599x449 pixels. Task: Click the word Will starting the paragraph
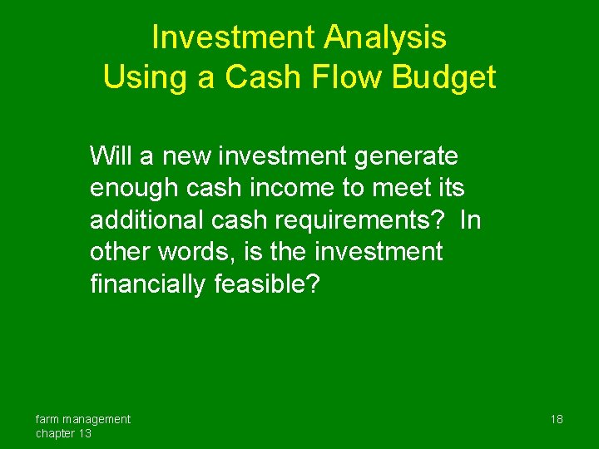[x=109, y=155]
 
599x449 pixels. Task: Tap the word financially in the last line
[x=148, y=284]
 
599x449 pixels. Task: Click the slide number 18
[x=557, y=419]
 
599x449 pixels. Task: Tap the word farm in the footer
[x=47, y=419]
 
